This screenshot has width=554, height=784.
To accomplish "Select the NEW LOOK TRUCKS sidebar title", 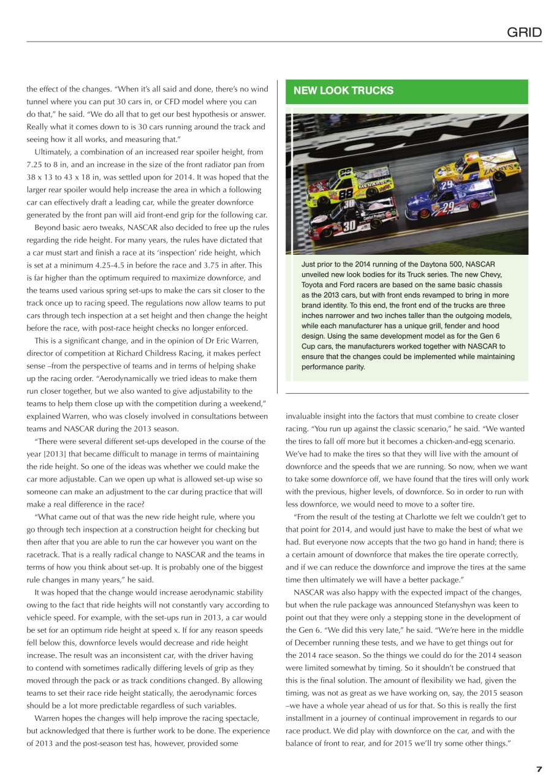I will pos(343,91).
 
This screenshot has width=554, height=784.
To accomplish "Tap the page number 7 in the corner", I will pos(539,770).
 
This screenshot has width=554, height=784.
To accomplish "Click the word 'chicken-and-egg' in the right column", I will pos(453,441).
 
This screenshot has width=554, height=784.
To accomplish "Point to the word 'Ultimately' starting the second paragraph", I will pos(53,151).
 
